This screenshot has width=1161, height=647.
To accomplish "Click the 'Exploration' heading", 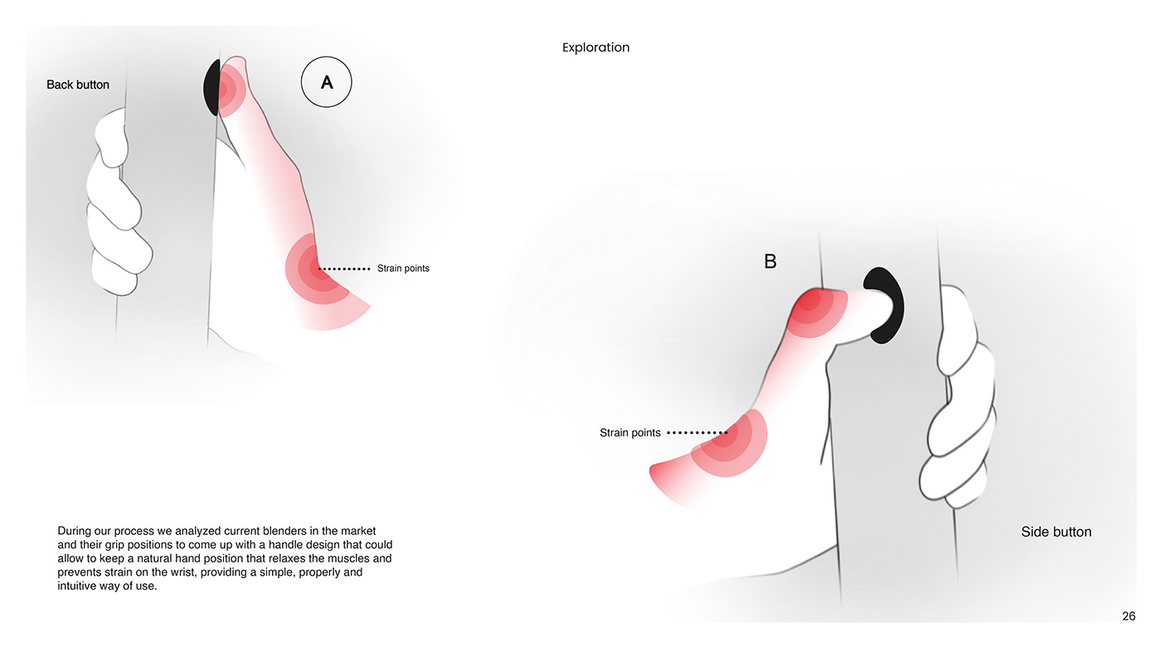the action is [x=595, y=47].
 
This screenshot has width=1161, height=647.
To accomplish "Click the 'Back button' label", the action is [x=78, y=85].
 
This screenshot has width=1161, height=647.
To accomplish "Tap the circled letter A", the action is [x=326, y=83].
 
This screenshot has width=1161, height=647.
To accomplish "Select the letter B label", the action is [x=770, y=261].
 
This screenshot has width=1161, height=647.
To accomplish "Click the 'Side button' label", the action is [x=1056, y=532].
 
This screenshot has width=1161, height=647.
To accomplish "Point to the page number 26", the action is [x=1129, y=615].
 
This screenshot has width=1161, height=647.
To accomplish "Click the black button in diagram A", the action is [x=211, y=88].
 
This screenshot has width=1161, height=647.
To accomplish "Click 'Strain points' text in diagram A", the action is [x=403, y=269].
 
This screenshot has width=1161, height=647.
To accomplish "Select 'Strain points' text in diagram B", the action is [x=630, y=433].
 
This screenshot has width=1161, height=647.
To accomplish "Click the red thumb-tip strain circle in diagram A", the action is [x=226, y=86].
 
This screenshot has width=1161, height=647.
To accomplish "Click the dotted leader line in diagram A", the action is [x=345, y=269].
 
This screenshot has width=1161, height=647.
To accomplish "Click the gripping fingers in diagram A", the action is [x=120, y=207].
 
